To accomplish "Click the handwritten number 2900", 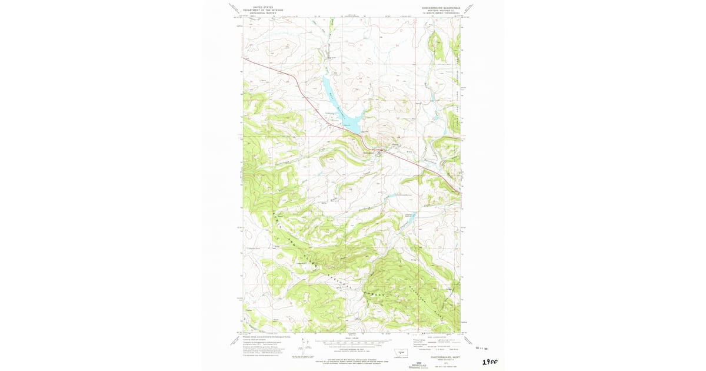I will pos(489,361).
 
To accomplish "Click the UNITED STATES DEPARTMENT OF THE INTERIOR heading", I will pos(263,9).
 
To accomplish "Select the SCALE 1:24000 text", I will pos(352,337).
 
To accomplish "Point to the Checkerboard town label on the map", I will pos(369,154).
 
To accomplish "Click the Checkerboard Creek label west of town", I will pos(285,163).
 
